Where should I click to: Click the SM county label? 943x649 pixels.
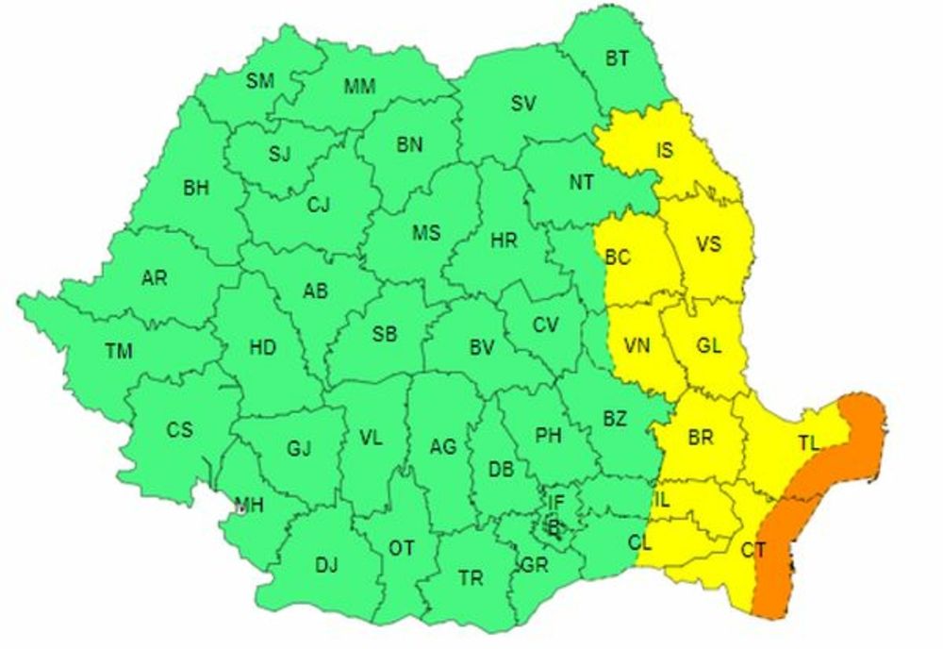click(x=260, y=81)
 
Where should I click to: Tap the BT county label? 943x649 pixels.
click(x=617, y=59)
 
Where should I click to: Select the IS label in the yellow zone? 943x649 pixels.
click(x=665, y=150)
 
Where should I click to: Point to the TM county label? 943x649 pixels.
click(x=118, y=352)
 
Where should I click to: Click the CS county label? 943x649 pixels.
click(x=179, y=430)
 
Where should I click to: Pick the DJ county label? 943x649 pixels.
click(x=326, y=565)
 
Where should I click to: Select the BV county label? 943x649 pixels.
click(x=482, y=348)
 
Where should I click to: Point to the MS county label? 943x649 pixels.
click(x=426, y=233)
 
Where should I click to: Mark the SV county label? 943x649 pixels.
click(x=523, y=104)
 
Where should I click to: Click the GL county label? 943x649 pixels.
click(x=709, y=346)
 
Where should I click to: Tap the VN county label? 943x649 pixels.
click(x=638, y=346)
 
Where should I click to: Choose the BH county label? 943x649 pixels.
click(x=196, y=189)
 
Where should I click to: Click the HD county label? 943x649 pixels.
click(x=262, y=348)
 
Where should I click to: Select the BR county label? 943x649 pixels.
click(x=701, y=438)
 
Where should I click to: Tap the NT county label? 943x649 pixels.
click(x=581, y=185)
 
